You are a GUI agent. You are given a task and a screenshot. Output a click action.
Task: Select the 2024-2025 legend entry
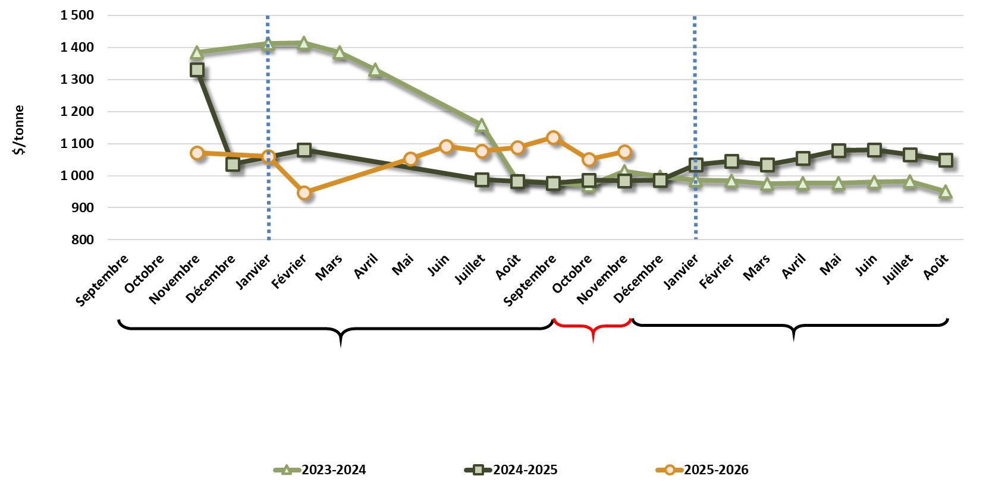click(511, 470)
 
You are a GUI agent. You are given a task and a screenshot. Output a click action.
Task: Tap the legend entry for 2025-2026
click(702, 470)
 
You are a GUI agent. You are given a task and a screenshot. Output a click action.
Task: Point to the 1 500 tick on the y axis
click(77, 15)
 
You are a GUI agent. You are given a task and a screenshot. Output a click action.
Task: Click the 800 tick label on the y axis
click(83, 240)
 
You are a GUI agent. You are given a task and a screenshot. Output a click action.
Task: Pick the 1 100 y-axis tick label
click(77, 144)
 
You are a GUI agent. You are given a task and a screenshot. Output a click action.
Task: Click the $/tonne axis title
click(20, 130)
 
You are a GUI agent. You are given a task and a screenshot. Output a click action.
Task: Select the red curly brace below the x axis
click(592, 328)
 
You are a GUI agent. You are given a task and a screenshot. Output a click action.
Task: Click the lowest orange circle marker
click(304, 193)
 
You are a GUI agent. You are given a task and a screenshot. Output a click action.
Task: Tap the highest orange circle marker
click(553, 137)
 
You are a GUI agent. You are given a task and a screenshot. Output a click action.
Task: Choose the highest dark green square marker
click(197, 70)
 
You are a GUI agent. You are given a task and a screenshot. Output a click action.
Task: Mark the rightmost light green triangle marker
click(946, 191)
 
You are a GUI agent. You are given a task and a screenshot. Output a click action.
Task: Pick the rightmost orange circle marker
click(624, 152)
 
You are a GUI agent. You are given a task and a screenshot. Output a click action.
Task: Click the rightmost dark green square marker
click(946, 160)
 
